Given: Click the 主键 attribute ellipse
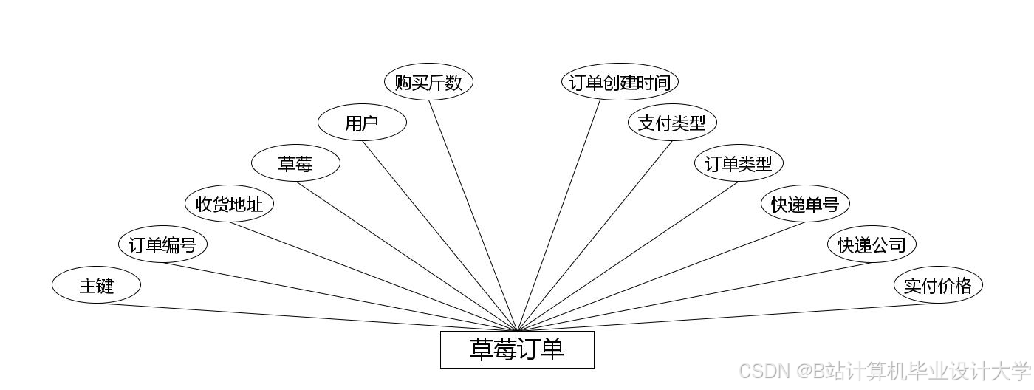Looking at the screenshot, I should [96, 285].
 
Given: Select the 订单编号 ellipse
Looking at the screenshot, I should [162, 244].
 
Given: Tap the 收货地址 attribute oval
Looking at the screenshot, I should [229, 204].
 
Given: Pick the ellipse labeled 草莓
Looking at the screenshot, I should [295, 163].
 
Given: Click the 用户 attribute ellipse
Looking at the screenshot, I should [362, 123].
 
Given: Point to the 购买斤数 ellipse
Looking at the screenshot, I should [428, 82].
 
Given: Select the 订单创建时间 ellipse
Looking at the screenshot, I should [620, 82].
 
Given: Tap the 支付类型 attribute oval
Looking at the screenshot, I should [672, 123].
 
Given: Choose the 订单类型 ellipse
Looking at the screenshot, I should [739, 163].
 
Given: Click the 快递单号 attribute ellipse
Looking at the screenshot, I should [805, 204].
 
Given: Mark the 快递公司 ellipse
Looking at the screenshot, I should [872, 244].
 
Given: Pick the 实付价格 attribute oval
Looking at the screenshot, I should [938, 285].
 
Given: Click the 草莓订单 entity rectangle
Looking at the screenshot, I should [517, 349].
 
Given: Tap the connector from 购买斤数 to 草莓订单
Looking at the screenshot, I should [473, 215].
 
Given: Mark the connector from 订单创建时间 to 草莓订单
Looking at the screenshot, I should [559, 215].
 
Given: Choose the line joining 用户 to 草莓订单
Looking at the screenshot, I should [439, 236].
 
